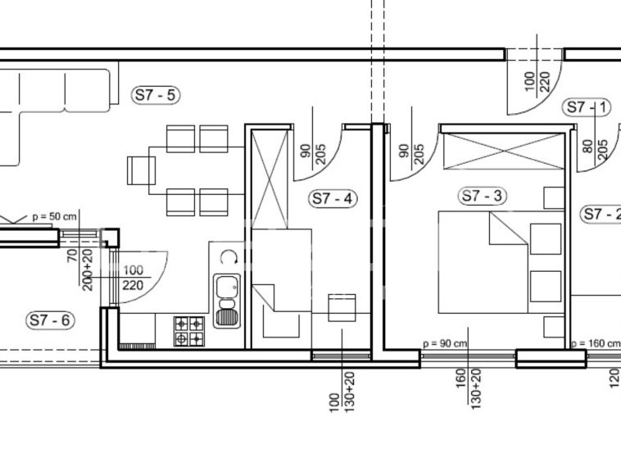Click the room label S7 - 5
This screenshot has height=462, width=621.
(x=156, y=95)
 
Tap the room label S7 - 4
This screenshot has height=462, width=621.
(x=333, y=198)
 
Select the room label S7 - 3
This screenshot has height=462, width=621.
(x=483, y=196)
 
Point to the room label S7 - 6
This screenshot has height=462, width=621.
(x=50, y=319)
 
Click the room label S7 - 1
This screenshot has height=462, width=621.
(x=587, y=107)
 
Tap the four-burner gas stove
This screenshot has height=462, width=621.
(x=189, y=332)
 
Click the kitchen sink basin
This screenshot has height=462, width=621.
(x=227, y=301)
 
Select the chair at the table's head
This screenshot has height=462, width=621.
(x=142, y=170)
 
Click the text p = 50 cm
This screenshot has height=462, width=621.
(x=54, y=217)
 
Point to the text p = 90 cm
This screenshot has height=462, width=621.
(x=445, y=343)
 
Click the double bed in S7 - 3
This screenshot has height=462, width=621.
(x=483, y=262)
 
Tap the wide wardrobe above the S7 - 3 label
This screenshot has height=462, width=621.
(x=504, y=152)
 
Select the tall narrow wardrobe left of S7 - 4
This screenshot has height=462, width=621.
(x=270, y=179)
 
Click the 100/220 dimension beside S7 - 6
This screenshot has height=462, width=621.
(x=133, y=278)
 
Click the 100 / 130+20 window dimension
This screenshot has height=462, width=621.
(x=342, y=392)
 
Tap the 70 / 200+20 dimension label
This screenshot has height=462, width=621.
(x=80, y=269)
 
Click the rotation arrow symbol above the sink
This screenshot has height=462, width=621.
(x=229, y=257)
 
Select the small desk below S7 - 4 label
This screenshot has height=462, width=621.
(x=342, y=308)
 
